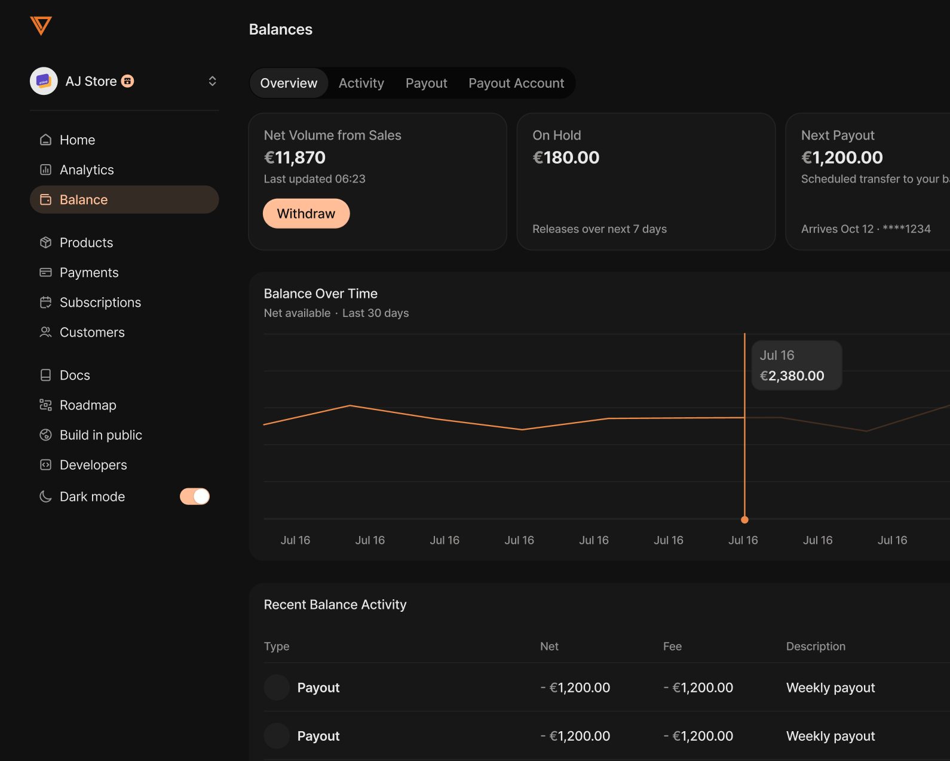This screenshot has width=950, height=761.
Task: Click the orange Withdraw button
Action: pos(306,214)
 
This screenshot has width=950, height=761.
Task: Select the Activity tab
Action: pos(361,83)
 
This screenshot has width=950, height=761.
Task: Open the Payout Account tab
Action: pos(516,83)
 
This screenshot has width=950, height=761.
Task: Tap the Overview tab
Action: pos(289,83)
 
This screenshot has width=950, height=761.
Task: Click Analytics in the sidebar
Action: pos(87,170)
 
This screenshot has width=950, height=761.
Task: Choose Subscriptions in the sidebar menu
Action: pos(100,303)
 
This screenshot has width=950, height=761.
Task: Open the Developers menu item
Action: pos(93,465)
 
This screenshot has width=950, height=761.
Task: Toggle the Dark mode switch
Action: pos(194,497)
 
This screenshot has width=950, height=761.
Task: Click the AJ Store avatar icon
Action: pos(44,81)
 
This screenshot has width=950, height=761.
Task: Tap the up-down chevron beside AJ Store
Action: pos(212,81)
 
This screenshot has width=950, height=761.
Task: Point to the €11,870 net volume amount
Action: pos(295,158)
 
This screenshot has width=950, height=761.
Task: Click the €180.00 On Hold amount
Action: pos(566,158)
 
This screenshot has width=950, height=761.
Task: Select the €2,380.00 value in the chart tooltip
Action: pos(792,376)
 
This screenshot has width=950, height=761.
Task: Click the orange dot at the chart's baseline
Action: pos(744,520)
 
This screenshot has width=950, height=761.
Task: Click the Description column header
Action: pos(816,646)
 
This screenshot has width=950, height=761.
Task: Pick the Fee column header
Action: pos(672,646)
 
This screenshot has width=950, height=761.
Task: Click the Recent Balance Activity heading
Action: pos(335,605)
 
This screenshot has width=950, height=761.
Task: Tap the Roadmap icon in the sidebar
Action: pos(45,405)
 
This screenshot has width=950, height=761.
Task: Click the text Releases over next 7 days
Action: pos(599,229)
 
